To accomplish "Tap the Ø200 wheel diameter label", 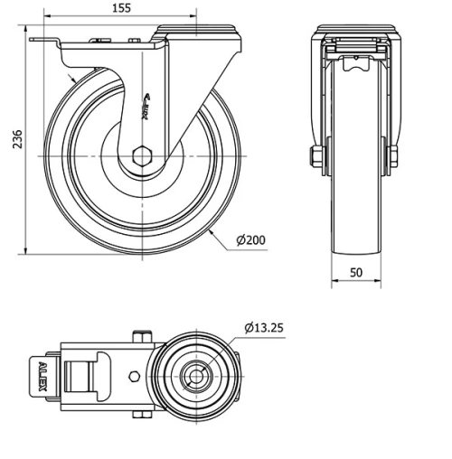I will (250, 239).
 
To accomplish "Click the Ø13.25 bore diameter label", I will (264, 327).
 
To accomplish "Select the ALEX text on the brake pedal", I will (42, 377).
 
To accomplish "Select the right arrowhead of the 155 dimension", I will (193, 17).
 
